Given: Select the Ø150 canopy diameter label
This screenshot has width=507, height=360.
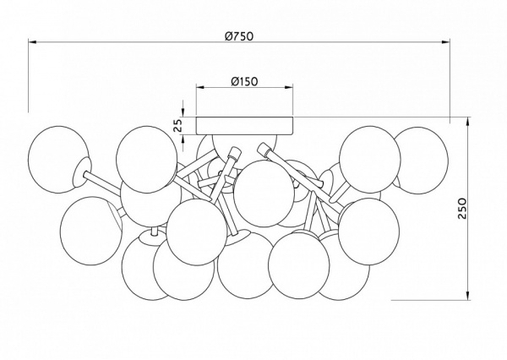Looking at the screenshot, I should pyautogui.click(x=243, y=81).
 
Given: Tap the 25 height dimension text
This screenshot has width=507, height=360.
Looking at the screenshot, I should pyautogui.click(x=177, y=124).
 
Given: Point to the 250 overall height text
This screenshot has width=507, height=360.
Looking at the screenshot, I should pyautogui.click(x=485, y=210).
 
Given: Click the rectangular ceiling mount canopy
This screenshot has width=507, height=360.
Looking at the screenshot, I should pyautogui.click(x=244, y=125).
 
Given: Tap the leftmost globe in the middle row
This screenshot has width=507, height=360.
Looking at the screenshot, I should pyautogui.click(x=88, y=224).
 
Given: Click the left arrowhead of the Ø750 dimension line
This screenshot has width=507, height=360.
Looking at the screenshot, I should pyautogui.click(x=32, y=43).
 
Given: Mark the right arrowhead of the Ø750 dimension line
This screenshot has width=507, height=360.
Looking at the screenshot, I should pyautogui.click(x=448, y=43).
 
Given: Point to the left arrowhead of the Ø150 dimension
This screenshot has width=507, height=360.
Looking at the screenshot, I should pyautogui.click(x=199, y=88).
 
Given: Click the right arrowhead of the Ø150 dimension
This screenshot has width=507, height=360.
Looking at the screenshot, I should pyautogui.click(x=289, y=88).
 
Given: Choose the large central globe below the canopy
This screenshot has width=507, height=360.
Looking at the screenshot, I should pyautogui.click(x=263, y=191).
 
